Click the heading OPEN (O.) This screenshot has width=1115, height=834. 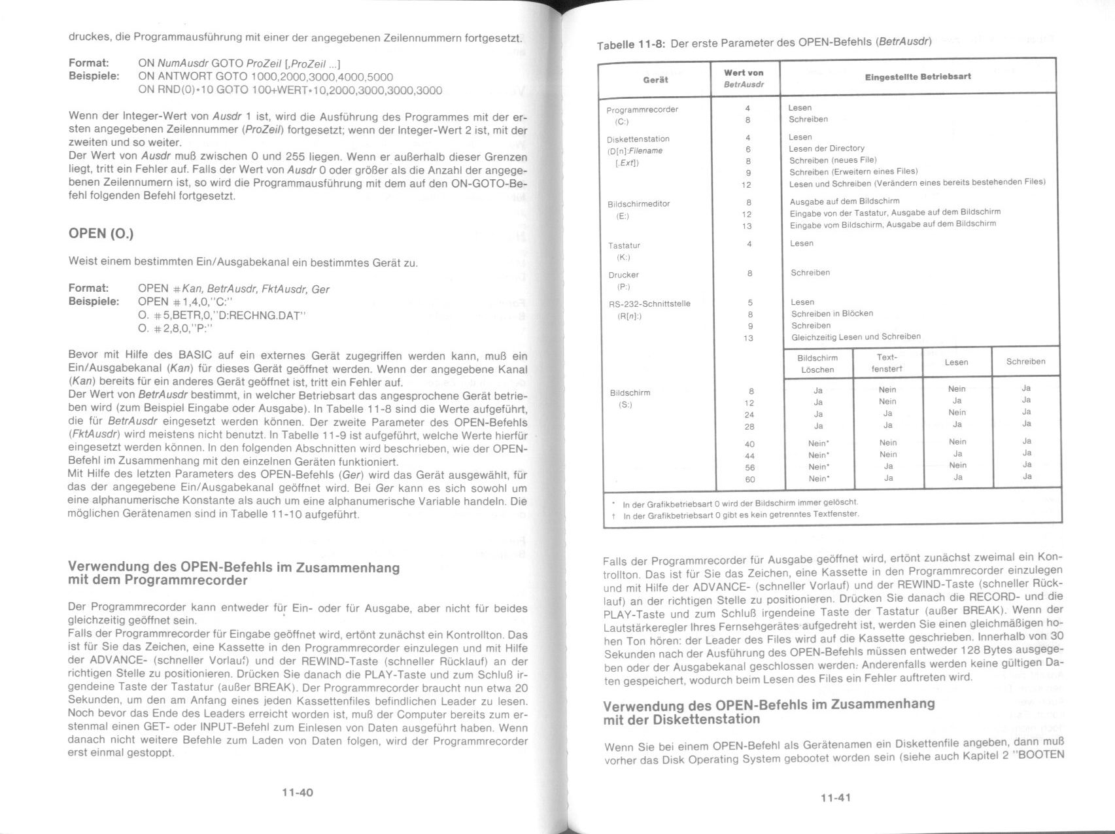tap(101, 234)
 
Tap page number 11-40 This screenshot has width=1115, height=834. tap(298, 792)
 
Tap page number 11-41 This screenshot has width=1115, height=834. tap(834, 797)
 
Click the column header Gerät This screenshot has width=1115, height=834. tap(655, 80)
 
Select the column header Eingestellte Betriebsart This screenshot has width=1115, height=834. tap(918, 77)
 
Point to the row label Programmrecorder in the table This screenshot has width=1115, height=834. tap(642, 109)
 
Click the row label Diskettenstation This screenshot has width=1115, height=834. tap(638, 139)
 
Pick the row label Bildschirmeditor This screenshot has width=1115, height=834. tap(638, 203)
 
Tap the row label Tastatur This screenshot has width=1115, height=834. tap(624, 245)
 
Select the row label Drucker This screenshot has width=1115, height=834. tap(623, 275)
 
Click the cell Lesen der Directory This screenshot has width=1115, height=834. tap(827, 148)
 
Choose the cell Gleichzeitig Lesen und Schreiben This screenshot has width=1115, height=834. tap(855, 337)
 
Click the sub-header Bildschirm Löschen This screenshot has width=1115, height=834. tap(817, 364)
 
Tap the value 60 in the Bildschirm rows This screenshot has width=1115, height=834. tap(749, 479)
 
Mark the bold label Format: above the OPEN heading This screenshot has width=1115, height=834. tap(88, 63)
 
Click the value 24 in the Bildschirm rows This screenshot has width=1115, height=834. tap(749, 415)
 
